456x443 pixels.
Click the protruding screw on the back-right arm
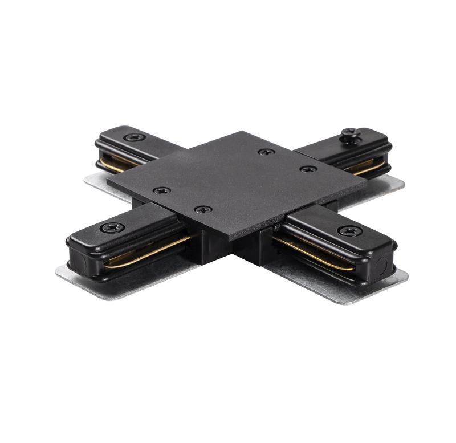pos(351,134)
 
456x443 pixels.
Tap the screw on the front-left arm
pos(112,227)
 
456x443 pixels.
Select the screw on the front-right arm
pos(349,231)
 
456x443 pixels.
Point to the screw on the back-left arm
pos(134,137)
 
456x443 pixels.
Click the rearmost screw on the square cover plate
pos(266,152)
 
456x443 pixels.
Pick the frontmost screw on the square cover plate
pos(203,209)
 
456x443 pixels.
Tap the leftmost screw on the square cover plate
pos(162,190)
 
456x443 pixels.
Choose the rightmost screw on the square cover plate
pos(308,169)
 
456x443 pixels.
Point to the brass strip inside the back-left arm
pos(117,164)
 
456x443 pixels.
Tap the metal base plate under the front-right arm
pos(365,285)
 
